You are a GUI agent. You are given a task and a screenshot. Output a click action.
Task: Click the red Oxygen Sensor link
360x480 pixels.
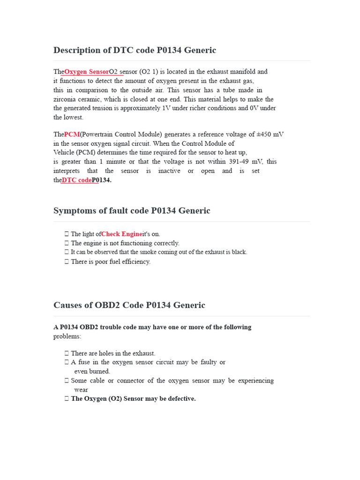pyautogui.click(x=86, y=72)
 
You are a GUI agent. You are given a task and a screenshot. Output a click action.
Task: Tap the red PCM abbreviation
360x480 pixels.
pyautogui.click(x=72, y=134)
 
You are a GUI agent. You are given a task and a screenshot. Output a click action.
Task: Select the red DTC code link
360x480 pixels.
pyautogui.click(x=76, y=180)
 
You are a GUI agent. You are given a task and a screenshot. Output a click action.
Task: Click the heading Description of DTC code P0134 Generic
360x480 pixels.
pyautogui.click(x=135, y=50)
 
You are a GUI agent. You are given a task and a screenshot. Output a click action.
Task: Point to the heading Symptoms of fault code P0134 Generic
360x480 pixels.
pyautogui.click(x=132, y=211)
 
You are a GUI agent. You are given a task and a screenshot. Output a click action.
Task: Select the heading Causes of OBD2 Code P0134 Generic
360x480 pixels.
pyautogui.click(x=129, y=305)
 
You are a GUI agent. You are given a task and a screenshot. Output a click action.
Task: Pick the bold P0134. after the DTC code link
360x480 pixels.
pyautogui.click(x=102, y=180)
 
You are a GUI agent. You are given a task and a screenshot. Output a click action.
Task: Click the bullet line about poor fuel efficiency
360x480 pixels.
pyautogui.click(x=111, y=262)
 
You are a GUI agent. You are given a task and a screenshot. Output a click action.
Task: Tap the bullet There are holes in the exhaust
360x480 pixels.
pyautogui.click(x=113, y=353)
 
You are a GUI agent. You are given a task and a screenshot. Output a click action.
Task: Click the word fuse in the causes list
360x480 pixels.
pyautogui.click(x=86, y=362)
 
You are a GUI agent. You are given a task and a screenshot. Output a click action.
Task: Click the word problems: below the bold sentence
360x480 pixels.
pyautogui.click(x=67, y=336)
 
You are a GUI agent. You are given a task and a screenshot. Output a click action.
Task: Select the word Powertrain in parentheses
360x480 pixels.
pyautogui.click(x=98, y=134)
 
